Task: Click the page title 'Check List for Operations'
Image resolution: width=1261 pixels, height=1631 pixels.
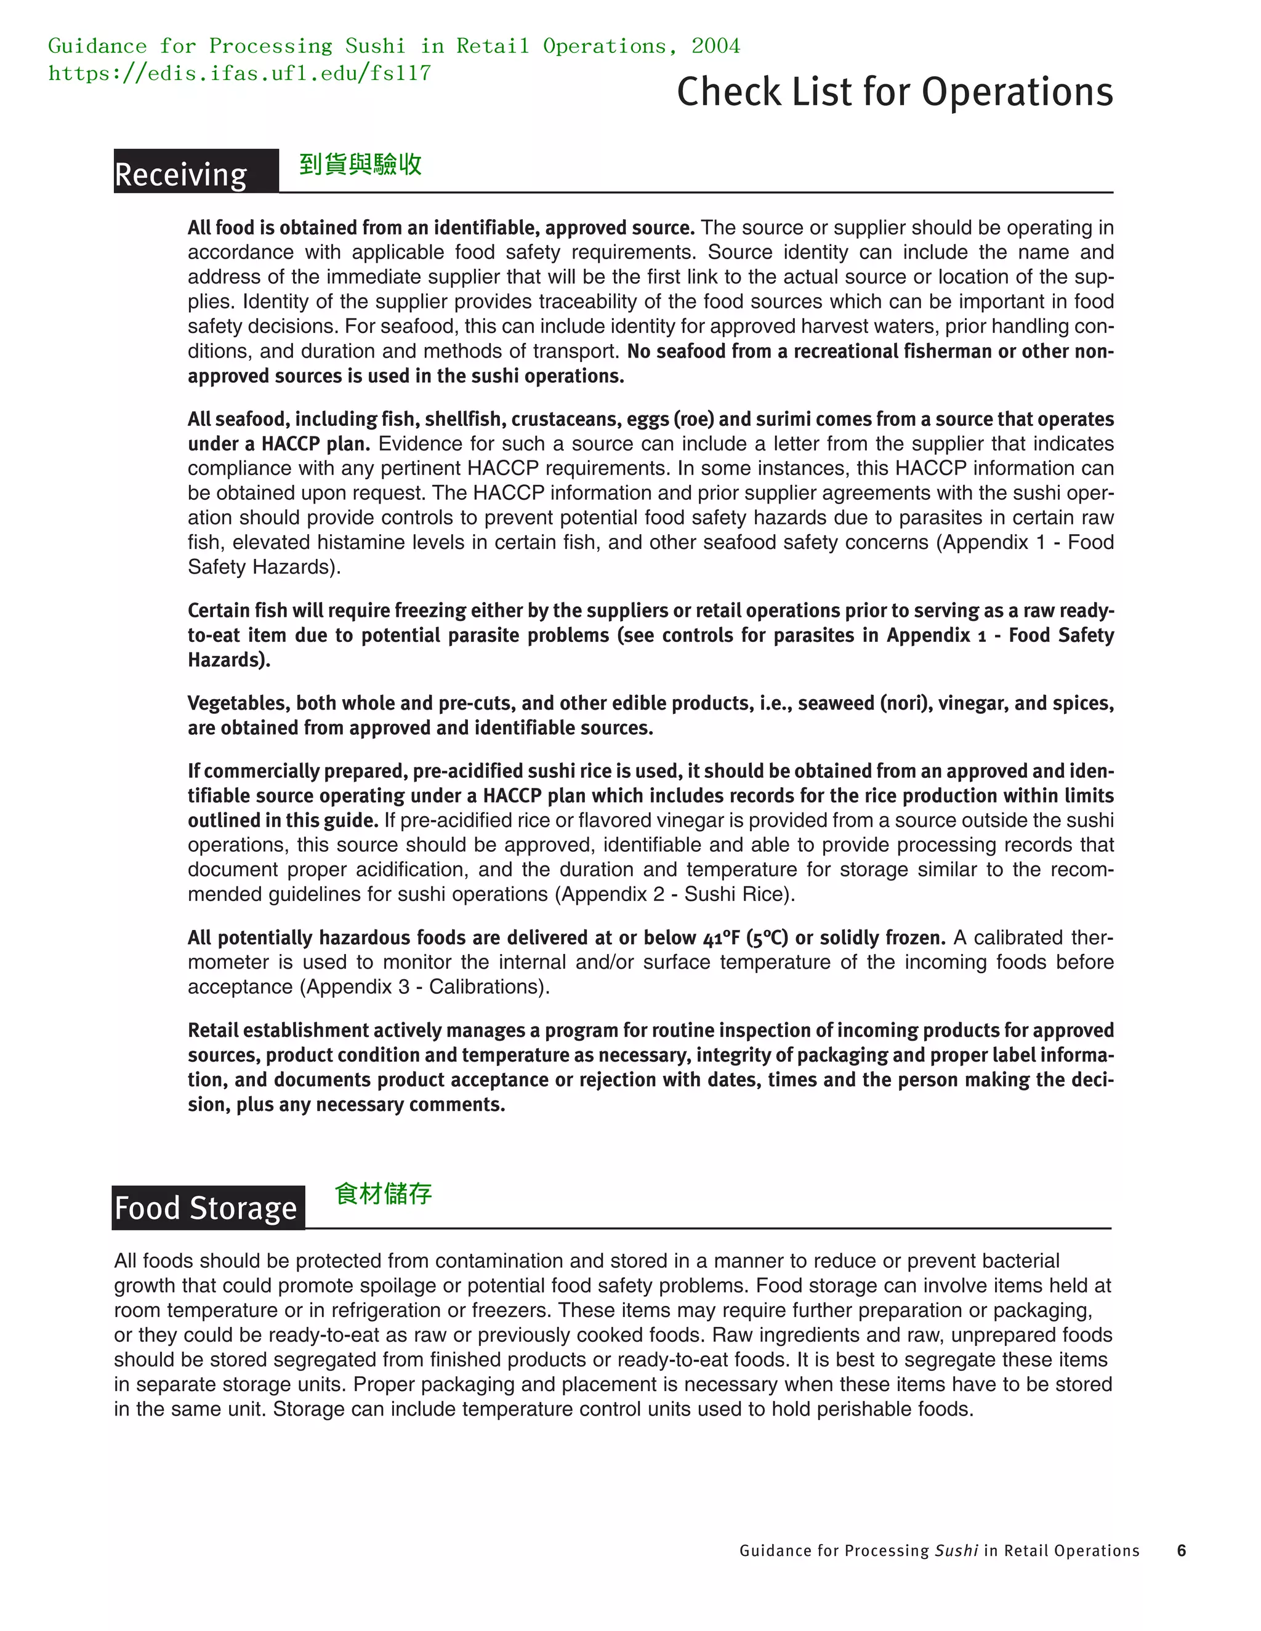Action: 894,92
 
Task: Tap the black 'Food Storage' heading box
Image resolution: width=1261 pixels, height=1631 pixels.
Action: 207,1208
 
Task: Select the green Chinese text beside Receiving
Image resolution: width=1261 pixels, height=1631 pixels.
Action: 360,164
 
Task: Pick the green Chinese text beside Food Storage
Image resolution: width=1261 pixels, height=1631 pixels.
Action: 383,1193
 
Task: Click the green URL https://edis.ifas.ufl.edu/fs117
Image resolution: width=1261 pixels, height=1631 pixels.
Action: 239,73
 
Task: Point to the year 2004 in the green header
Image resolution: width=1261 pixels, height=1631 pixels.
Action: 715,46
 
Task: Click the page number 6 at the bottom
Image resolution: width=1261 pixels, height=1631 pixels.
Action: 1181,1550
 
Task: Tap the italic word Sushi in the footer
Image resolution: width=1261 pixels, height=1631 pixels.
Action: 956,1550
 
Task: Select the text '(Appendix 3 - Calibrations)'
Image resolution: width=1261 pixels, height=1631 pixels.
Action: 424,987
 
